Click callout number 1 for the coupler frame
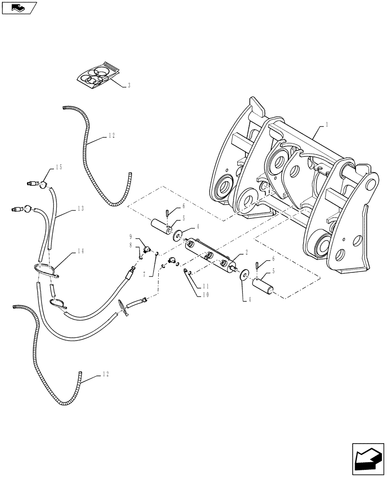coord(327,124)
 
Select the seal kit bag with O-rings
coord(99,75)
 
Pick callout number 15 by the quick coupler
coord(59,167)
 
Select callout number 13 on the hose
coord(79,208)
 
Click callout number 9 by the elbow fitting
coord(130,236)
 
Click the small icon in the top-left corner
coord(19,7)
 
